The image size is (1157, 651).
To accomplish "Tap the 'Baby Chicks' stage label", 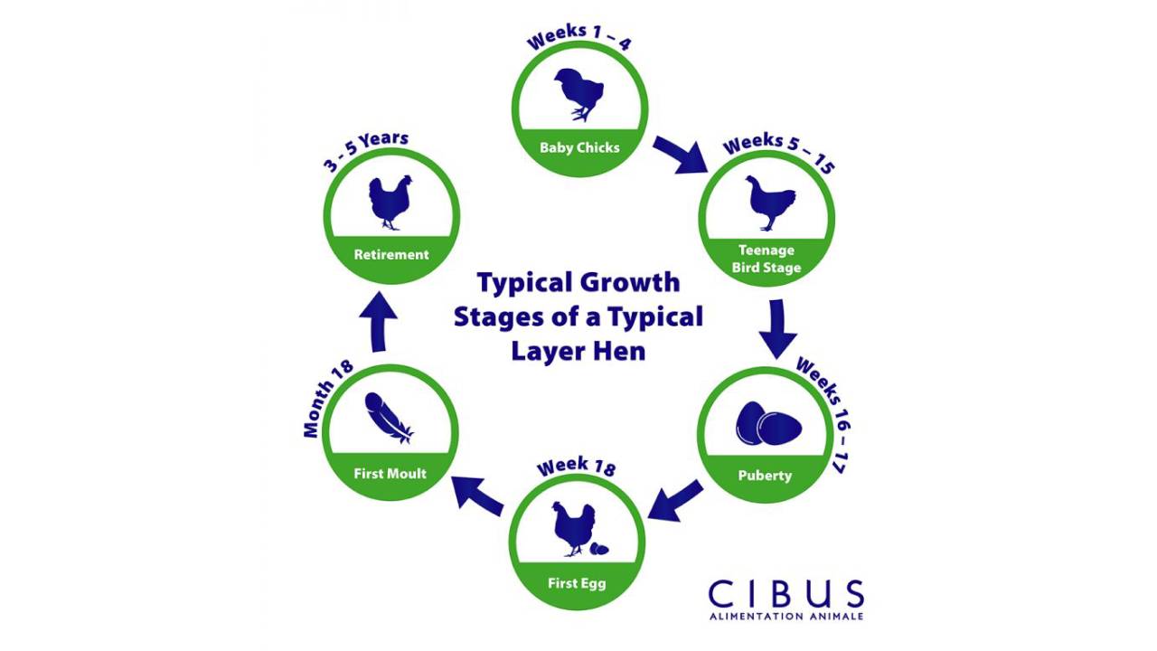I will point(579,147).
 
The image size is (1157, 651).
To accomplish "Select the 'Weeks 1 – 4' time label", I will point(579,40).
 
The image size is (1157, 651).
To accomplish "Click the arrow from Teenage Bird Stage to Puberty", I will point(776,328).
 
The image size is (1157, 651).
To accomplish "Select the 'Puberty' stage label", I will point(765,476).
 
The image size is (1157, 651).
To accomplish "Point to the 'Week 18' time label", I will point(576,467).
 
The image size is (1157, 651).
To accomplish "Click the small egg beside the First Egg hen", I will point(597,548).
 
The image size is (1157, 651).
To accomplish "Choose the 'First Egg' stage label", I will point(577,583).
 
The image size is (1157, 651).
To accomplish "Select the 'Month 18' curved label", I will point(327,398).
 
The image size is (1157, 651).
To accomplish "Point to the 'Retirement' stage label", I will point(391,255).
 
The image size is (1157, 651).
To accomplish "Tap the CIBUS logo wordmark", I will point(785,595).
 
